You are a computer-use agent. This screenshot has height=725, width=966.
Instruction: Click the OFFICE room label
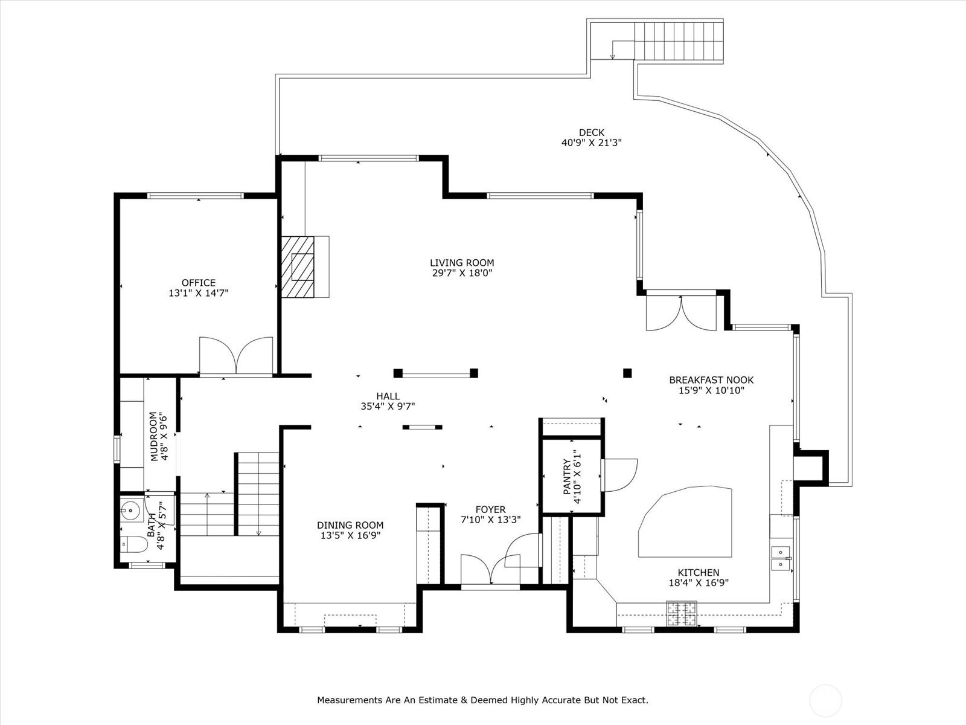199,283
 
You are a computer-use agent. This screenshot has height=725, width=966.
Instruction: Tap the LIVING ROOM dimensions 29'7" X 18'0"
462,273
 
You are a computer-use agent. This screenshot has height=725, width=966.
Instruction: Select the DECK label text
591,133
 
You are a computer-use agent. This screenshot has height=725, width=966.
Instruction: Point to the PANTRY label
567,477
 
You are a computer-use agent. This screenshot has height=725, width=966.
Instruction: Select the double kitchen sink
781,558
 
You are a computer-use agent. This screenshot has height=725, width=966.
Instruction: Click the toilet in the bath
133,545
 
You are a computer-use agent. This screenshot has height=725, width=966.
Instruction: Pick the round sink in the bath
129,511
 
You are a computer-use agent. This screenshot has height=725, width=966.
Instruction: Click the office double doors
236,357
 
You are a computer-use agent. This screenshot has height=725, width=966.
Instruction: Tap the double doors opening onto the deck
681,313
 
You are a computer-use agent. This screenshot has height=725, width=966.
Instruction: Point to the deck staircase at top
679,40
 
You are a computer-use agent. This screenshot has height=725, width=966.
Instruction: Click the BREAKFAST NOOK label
711,380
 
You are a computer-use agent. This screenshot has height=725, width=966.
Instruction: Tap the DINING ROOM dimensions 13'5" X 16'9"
350,535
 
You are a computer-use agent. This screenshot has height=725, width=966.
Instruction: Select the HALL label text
388,396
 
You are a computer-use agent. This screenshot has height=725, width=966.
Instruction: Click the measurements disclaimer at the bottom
482,700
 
